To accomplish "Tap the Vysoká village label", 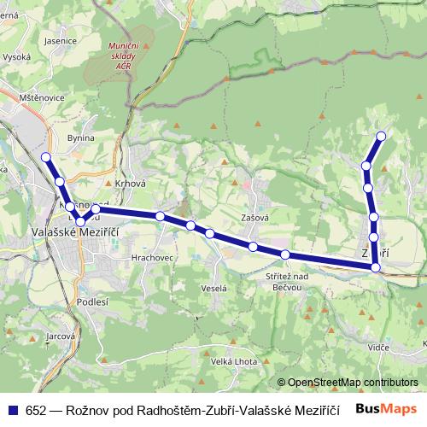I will pyautogui.click(x=17, y=57).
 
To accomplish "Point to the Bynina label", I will pyautogui.click(x=80, y=137).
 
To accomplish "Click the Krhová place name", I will pyautogui.click(x=130, y=183).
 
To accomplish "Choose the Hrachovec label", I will pyautogui.click(x=153, y=255).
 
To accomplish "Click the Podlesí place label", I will pyautogui.click(x=92, y=301).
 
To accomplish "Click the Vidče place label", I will pyautogui.click(x=379, y=347).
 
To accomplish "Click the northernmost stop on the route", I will pyautogui.click(x=381, y=136).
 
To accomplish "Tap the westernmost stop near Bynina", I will pyautogui.click(x=46, y=156).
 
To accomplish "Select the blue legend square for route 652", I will pyautogui.click(x=14, y=409).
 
